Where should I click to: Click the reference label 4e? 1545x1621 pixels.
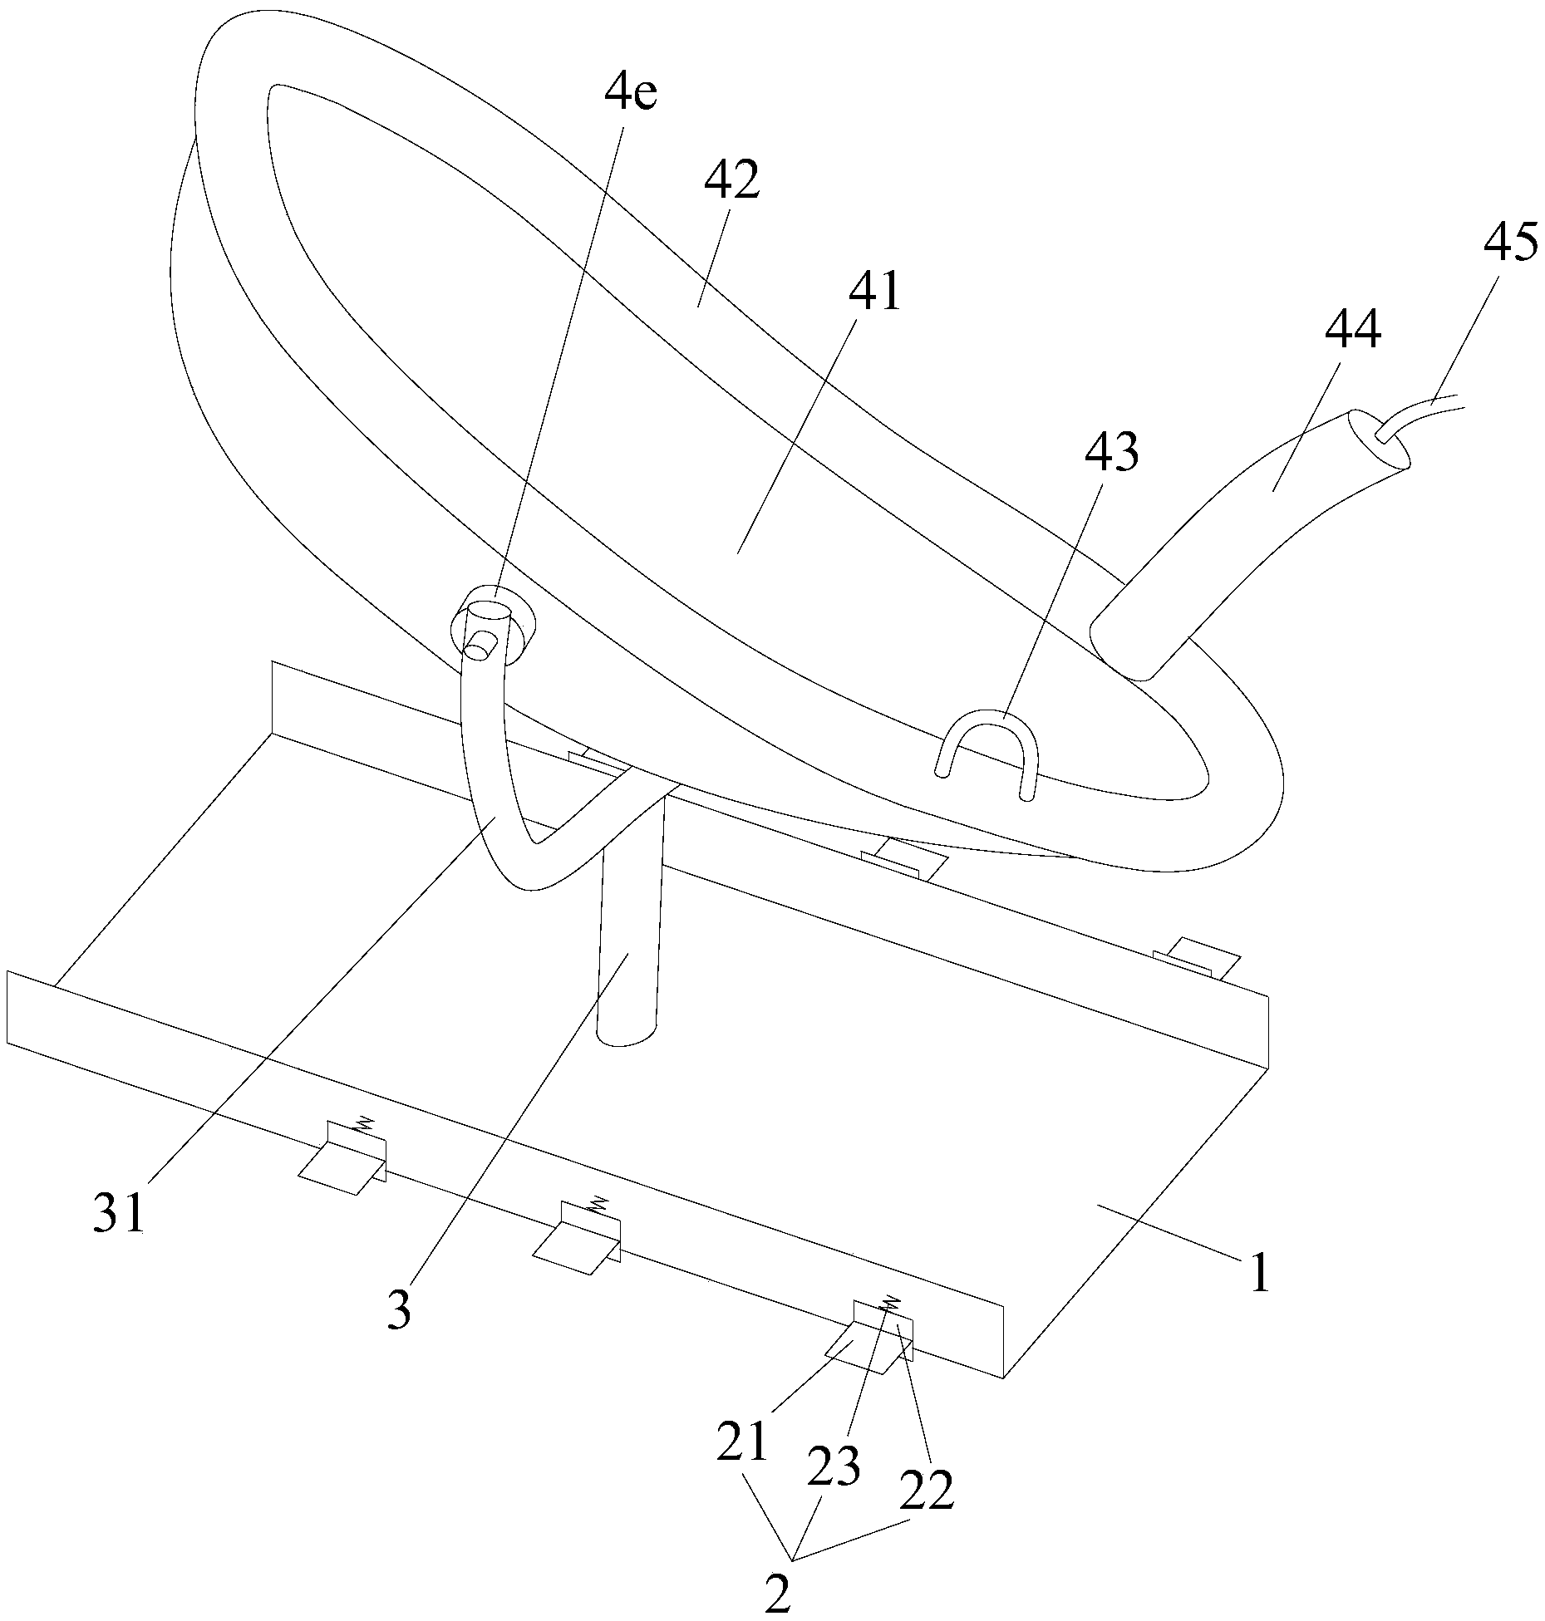click(629, 96)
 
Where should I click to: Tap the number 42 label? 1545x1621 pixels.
click(731, 180)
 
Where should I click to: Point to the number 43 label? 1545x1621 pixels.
click(1110, 454)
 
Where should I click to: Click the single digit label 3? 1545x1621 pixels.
click(400, 1310)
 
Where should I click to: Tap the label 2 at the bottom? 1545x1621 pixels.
click(778, 1589)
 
